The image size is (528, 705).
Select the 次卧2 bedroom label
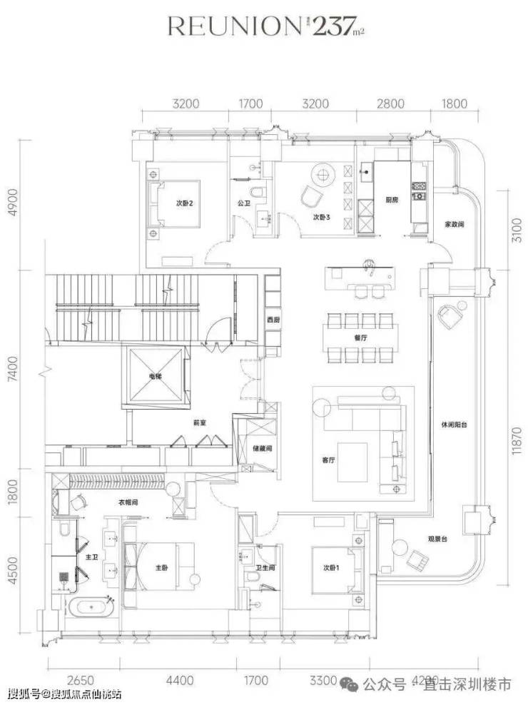(186, 202)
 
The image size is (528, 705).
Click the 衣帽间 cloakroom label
(128, 502)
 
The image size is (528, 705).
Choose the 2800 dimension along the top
(391, 103)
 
